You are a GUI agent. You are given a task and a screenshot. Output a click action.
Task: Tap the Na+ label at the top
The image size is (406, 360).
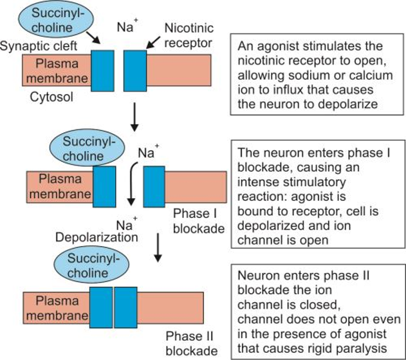point(126,28)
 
